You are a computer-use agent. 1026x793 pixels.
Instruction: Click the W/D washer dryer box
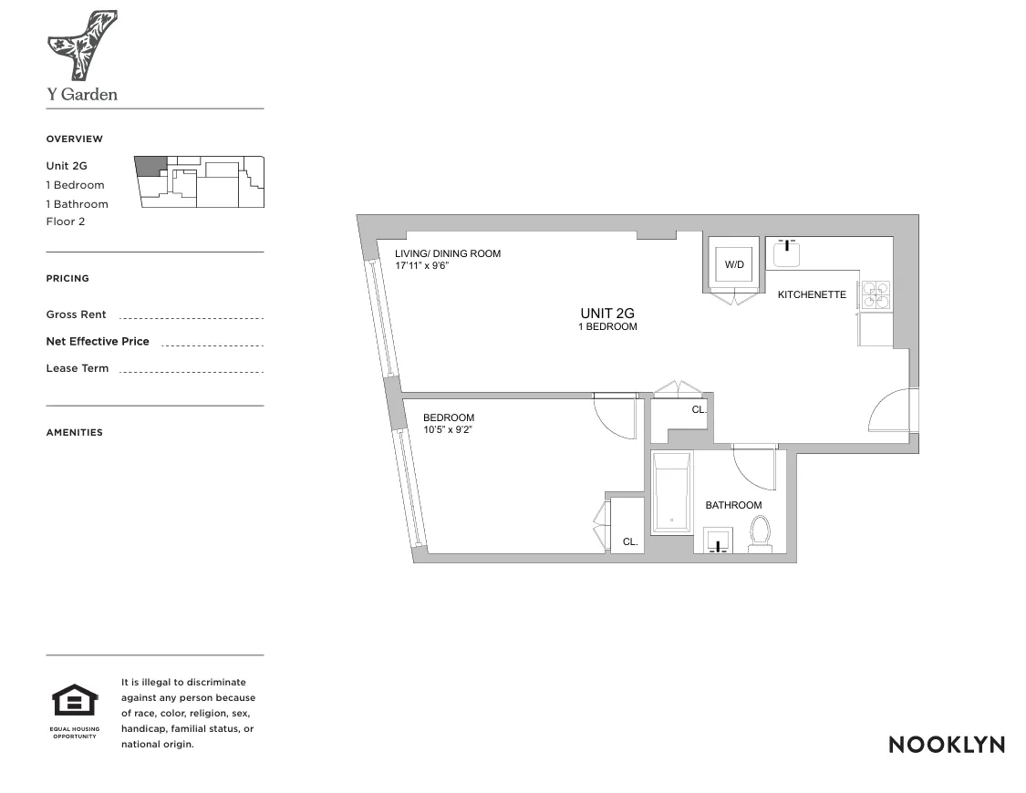pyautogui.click(x=734, y=264)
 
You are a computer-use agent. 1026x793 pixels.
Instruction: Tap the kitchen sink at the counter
pyautogui.click(x=786, y=253)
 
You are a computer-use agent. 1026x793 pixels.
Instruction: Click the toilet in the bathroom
pyautogui.click(x=760, y=533)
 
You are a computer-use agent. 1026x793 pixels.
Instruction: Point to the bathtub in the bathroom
pyautogui.click(x=672, y=493)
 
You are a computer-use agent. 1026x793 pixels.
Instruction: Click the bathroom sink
pyautogui.click(x=720, y=541)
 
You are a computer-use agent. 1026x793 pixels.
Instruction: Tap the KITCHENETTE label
pyautogui.click(x=812, y=294)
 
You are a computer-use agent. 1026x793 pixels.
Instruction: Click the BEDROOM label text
pyautogui.click(x=448, y=417)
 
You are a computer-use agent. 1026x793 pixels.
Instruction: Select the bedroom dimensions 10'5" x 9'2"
pyautogui.click(x=449, y=429)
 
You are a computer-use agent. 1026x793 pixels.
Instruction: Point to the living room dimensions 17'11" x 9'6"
pyautogui.click(x=422, y=265)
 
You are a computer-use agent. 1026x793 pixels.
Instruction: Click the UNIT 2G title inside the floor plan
pyautogui.click(x=606, y=313)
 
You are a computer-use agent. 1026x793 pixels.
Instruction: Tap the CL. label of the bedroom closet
pyautogui.click(x=630, y=541)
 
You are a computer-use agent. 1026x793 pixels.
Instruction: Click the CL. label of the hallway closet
pyautogui.click(x=699, y=409)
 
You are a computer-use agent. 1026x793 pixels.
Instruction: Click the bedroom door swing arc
pyautogui.click(x=615, y=417)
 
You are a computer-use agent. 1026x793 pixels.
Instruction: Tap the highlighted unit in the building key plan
pyautogui.click(x=150, y=165)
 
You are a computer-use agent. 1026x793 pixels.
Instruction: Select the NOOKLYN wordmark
pyautogui.click(x=946, y=745)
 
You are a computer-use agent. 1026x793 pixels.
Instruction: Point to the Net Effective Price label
pyautogui.click(x=98, y=341)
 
